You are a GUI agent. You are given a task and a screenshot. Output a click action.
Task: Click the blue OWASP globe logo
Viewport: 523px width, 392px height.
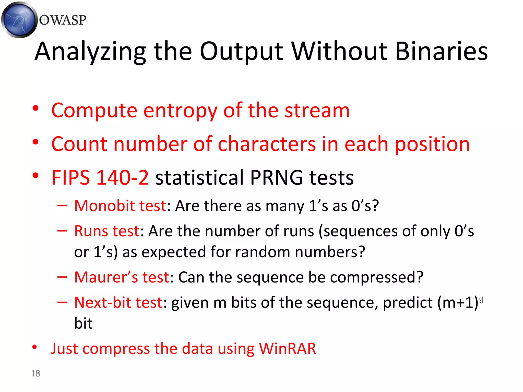click(19, 20)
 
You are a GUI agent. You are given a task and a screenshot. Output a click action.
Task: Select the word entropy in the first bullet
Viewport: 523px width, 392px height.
click(180, 111)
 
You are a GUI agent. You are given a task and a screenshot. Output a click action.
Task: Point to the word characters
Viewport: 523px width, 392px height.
click(267, 144)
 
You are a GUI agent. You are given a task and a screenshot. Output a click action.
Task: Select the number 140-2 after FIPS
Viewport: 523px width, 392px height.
click(123, 178)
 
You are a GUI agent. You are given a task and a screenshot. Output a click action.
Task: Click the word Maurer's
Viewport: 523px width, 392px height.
click(106, 277)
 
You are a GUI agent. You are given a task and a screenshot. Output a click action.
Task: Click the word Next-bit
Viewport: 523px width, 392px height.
click(104, 303)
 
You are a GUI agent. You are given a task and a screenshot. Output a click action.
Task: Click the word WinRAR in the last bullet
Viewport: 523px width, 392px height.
click(287, 349)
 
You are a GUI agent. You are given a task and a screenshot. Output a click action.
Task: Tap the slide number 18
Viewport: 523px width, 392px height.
click(36, 373)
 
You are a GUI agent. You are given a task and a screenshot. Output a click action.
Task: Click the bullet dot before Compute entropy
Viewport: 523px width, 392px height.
click(35, 108)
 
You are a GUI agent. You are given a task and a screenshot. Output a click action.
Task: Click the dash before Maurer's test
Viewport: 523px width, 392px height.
click(62, 277)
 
